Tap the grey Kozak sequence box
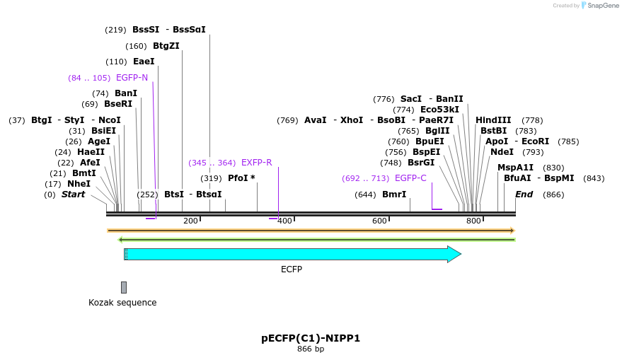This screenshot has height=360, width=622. (x=124, y=287)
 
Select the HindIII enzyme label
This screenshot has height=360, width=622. (x=493, y=120)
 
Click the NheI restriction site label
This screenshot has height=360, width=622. (x=79, y=184)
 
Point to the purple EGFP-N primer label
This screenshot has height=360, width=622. (x=132, y=78)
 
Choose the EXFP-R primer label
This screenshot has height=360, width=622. (x=256, y=163)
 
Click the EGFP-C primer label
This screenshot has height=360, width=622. (x=410, y=178)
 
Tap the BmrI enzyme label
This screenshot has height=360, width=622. (x=394, y=194)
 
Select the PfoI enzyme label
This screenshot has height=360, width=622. (x=241, y=178)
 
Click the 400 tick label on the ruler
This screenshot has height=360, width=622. (x=285, y=221)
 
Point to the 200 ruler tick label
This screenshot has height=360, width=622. (x=190, y=221)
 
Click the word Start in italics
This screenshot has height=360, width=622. (x=74, y=194)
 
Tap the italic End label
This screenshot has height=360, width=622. (x=524, y=194)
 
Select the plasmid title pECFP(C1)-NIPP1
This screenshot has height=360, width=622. (x=311, y=338)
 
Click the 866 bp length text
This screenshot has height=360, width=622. (x=311, y=349)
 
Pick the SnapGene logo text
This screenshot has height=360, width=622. (x=600, y=6)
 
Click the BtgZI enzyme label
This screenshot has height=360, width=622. (x=166, y=46)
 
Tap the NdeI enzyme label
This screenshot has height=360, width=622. (x=502, y=152)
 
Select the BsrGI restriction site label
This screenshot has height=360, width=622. (x=421, y=163)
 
